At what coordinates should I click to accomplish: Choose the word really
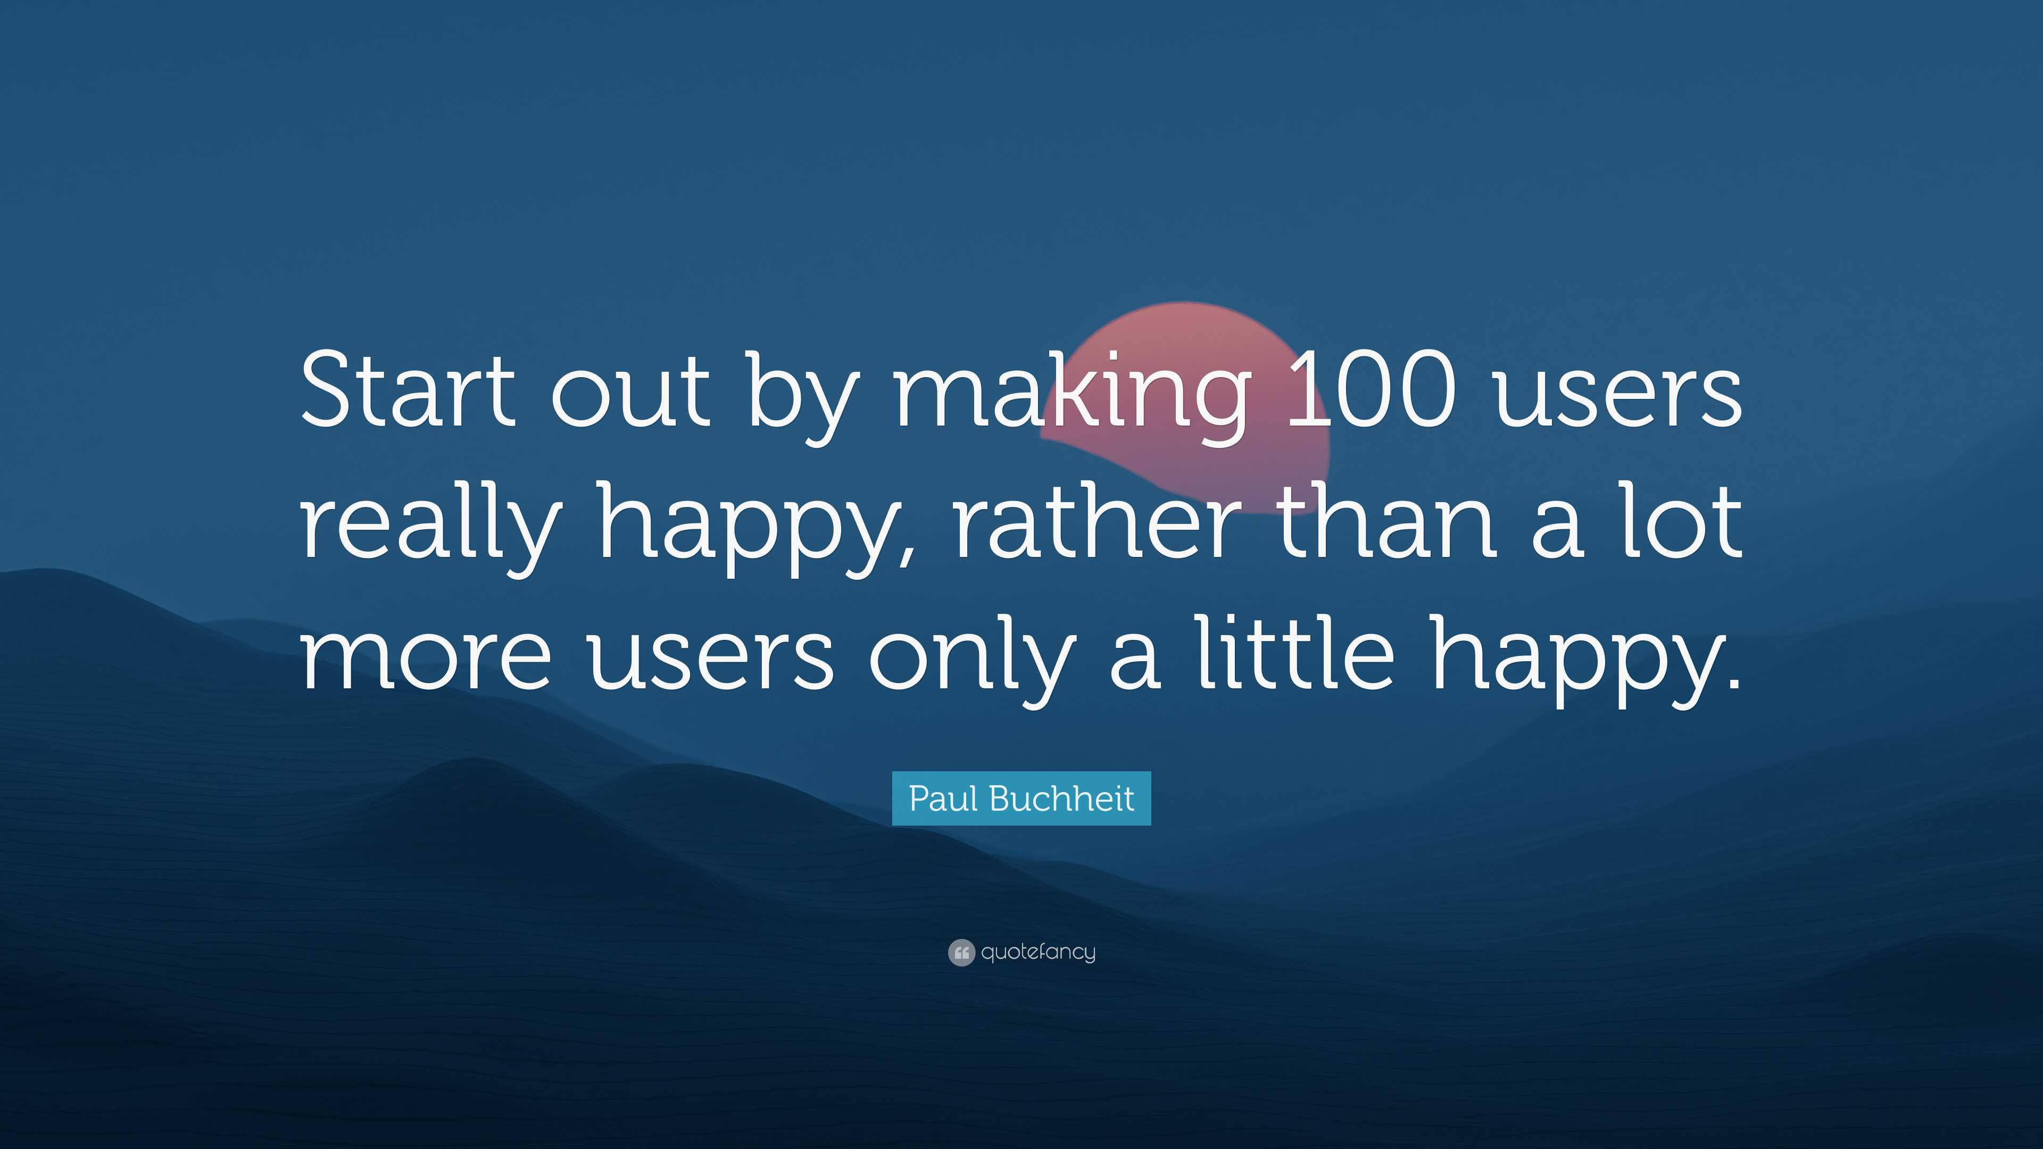[431, 523]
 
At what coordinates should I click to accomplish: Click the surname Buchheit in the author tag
[1062, 798]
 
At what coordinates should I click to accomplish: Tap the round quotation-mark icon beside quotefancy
[961, 952]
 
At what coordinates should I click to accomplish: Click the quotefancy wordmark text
[1038, 952]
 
